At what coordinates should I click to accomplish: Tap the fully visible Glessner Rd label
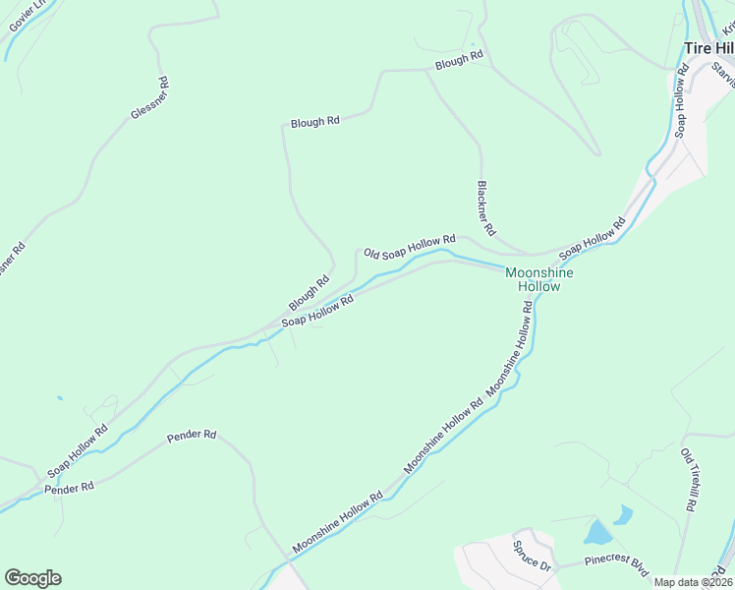[150, 99]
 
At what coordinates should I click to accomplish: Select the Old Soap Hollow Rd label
[410, 246]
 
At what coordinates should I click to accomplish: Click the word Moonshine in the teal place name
[538, 272]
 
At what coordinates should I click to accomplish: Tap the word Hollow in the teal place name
[538, 287]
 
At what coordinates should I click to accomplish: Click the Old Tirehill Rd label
[689, 480]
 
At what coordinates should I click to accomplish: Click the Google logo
[32, 578]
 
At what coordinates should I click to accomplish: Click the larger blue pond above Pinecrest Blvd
[596, 533]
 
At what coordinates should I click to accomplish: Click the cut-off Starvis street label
[723, 74]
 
